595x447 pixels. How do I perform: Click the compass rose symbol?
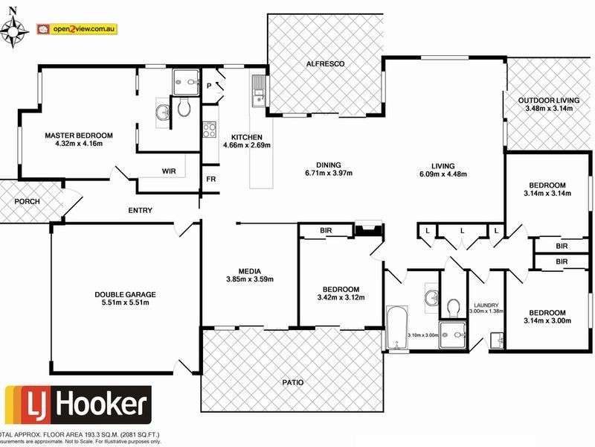pos(17,31)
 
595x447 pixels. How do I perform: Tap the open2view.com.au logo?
pos(77,29)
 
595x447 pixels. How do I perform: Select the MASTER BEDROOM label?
pos(79,136)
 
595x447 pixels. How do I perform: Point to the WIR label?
pos(169,171)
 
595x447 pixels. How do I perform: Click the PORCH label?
pos(27,202)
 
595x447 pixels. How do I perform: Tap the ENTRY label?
pos(140,211)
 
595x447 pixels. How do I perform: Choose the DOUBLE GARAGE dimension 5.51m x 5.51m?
pos(125,302)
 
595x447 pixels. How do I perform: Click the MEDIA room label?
pos(249,271)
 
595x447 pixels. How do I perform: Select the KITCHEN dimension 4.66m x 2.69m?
pos(246,145)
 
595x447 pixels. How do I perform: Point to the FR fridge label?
pos(211,180)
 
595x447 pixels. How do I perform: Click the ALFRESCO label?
pos(325,66)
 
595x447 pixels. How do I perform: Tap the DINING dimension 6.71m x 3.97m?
pos(327,174)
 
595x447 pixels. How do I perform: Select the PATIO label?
pos(293,382)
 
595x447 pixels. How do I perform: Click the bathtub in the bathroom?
pos(396,327)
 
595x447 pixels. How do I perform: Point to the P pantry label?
pos(210,86)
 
